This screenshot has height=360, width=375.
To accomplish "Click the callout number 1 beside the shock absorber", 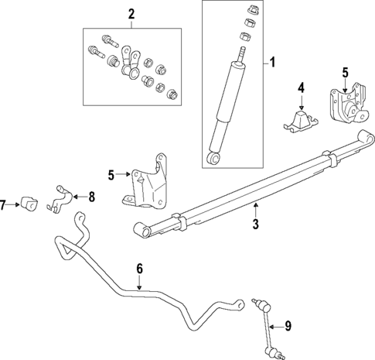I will pyautogui.click(x=271, y=63).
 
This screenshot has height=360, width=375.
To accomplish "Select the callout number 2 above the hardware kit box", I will pyautogui.click(x=131, y=13).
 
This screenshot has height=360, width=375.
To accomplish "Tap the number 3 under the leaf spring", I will pyautogui.click(x=255, y=226).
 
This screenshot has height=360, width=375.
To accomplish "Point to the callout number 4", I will pyautogui.click(x=302, y=87).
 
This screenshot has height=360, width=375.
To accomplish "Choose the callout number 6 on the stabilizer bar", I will pyautogui.click(x=140, y=269).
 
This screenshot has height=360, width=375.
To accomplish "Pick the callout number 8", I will pyautogui.click(x=91, y=197).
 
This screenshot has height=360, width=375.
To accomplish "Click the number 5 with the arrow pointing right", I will pyautogui.click(x=111, y=176).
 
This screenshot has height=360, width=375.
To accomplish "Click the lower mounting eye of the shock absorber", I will pyautogui.click(x=213, y=159).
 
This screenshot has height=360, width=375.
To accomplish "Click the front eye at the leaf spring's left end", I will pyautogui.click(x=141, y=228).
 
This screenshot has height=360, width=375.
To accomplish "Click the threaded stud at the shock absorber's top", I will pyautogui.click(x=240, y=53).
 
